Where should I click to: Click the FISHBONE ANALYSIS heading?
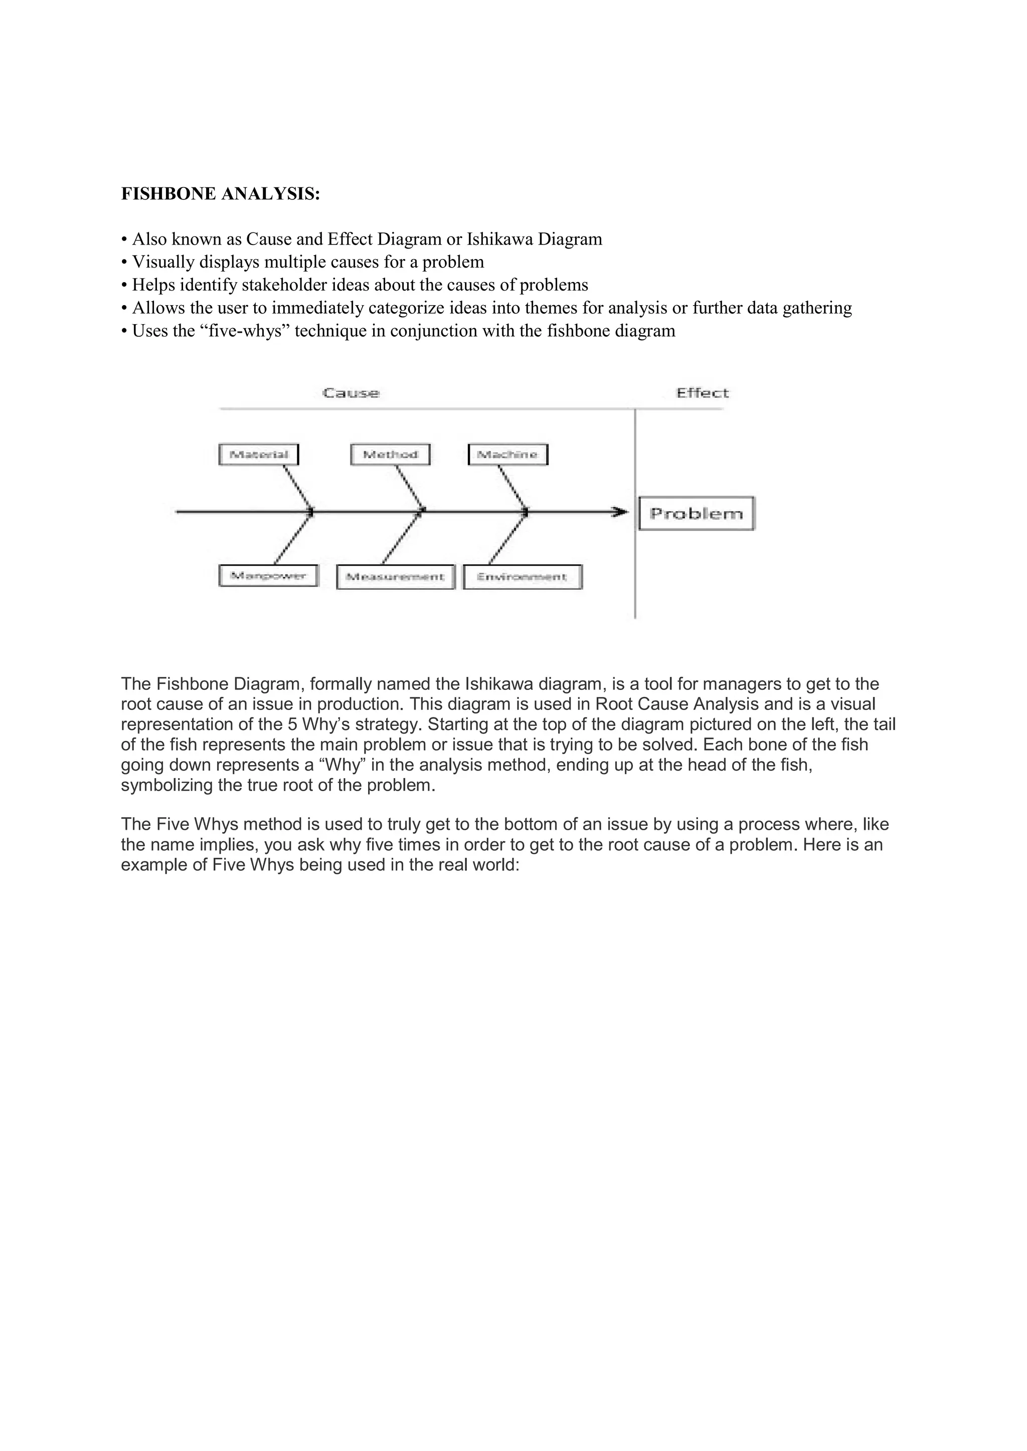[x=221, y=194]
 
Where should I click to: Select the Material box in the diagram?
[x=258, y=454]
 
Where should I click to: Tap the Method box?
[x=390, y=454]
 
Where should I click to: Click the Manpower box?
[x=268, y=576]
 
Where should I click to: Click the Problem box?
[x=696, y=513]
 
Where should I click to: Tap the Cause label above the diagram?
[x=351, y=393]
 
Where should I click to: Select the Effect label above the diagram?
[x=702, y=393]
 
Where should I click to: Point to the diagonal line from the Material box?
[x=297, y=487]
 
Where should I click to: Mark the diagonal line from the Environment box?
[x=507, y=539]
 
